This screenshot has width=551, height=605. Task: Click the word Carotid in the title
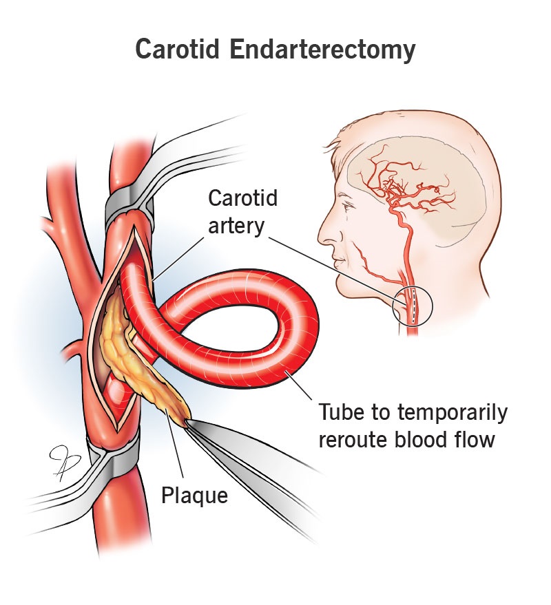coord(178,49)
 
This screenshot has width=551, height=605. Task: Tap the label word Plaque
coord(195,496)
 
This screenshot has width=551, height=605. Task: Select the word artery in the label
coord(236,226)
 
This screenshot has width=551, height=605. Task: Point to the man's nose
coord(324,235)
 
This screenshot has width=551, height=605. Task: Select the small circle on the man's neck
coord(413,306)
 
